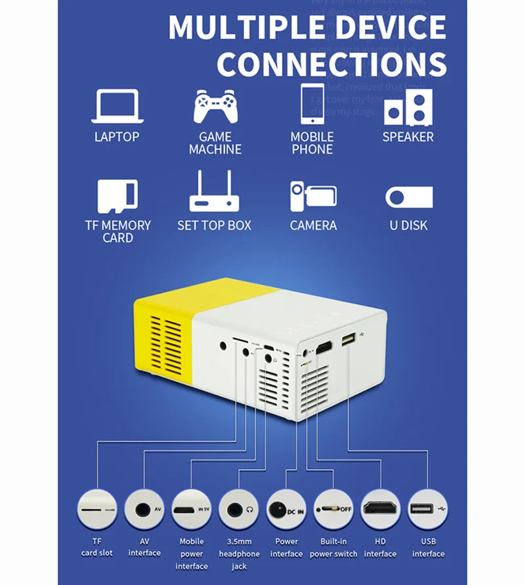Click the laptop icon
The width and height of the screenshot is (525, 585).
(x=117, y=106)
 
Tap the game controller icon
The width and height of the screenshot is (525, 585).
(x=215, y=107)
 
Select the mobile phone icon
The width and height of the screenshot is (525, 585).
(x=312, y=104)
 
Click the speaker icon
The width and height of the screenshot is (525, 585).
(x=408, y=107)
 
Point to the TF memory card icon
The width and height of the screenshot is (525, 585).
(x=117, y=196)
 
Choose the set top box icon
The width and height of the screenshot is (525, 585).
(x=215, y=193)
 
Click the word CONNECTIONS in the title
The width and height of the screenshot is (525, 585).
(x=331, y=64)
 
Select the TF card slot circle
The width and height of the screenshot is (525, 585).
(x=96, y=509)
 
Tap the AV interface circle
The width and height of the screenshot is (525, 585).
(x=144, y=509)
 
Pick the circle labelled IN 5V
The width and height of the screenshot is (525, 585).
(x=192, y=509)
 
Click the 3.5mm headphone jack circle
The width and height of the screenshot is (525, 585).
(x=239, y=509)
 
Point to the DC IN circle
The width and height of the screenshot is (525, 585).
(x=287, y=509)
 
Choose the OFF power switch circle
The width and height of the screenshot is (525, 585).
(x=333, y=509)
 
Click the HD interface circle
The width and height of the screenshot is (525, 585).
(x=381, y=509)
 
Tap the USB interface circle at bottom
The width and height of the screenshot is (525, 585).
(x=428, y=509)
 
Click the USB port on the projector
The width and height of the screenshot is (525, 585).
(x=347, y=342)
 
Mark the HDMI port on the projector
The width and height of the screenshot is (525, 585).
(x=324, y=348)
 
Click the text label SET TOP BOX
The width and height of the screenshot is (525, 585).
(x=215, y=226)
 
